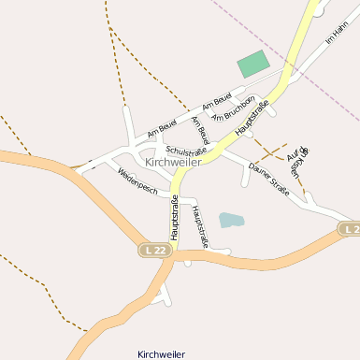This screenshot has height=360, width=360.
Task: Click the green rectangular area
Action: (252, 65)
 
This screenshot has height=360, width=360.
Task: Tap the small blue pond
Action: (231, 221)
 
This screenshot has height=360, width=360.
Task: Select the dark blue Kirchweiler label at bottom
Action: (161, 354)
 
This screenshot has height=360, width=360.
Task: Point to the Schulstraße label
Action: (186, 151)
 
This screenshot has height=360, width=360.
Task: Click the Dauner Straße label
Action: (269, 180)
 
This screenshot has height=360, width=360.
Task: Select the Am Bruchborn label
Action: (234, 108)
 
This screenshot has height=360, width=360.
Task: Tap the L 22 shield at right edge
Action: (351, 229)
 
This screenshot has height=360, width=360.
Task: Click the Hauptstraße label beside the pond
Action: (198, 227)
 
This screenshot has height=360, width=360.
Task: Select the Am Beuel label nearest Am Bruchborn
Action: (216, 100)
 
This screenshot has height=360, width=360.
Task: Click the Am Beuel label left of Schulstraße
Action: (162, 124)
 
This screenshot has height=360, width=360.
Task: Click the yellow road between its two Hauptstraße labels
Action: (208, 159)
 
